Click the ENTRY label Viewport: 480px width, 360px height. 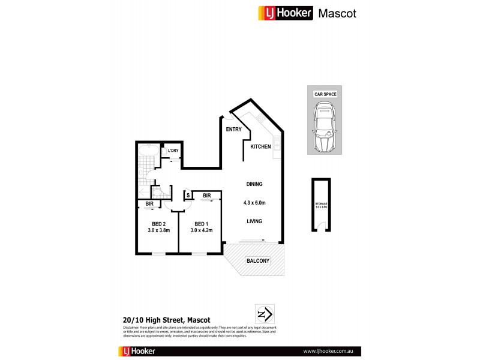[233, 130]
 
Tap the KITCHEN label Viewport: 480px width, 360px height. [261, 146]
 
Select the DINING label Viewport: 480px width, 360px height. [254, 184]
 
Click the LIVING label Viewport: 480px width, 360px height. [254, 221]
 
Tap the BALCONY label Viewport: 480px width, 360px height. [257, 261]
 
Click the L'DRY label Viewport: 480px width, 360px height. [173, 151]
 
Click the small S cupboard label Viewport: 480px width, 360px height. [188, 195]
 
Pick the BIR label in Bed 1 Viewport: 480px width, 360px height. [206, 195]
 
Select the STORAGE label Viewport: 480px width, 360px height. [322, 205]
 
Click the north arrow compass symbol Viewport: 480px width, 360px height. [264, 314]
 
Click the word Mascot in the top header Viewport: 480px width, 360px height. [337, 13]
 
